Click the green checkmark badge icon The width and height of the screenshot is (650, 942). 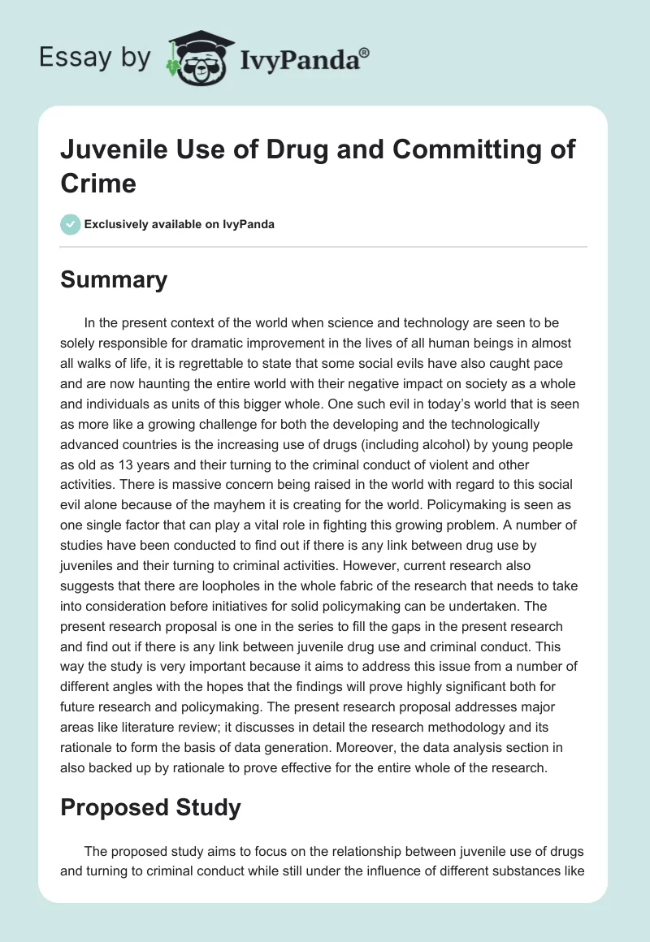71,224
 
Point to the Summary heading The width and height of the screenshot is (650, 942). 114,279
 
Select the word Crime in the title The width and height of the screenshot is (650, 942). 98,183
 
